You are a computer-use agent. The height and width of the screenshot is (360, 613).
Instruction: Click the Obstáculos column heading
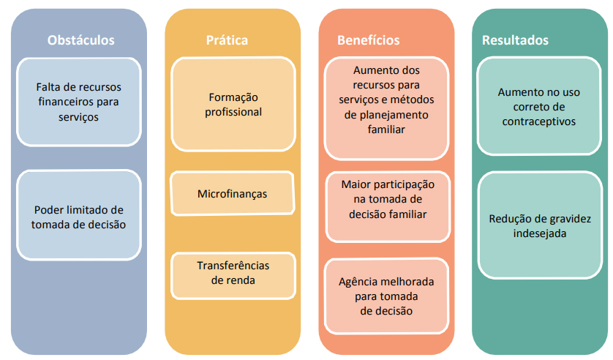(x=80, y=40)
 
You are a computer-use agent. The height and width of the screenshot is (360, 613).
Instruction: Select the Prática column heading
(x=227, y=40)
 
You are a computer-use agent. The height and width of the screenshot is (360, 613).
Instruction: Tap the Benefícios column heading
(x=369, y=40)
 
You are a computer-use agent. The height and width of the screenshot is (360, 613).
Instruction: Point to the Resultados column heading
(x=515, y=40)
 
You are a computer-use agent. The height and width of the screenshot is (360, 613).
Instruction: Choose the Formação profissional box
(x=233, y=105)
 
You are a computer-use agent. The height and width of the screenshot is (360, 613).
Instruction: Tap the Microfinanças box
(x=233, y=194)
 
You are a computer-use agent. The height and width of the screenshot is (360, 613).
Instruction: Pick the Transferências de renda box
(x=233, y=272)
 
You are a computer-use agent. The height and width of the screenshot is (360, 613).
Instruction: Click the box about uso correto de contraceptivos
(x=540, y=107)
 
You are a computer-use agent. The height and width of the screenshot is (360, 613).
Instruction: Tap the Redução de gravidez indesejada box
(x=540, y=225)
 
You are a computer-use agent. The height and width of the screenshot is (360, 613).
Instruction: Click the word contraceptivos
(x=540, y=121)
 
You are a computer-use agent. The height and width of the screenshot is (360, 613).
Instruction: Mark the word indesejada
(x=540, y=233)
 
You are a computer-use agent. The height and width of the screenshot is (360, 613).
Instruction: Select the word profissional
(x=233, y=112)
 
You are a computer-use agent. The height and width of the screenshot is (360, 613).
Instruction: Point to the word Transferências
(x=233, y=265)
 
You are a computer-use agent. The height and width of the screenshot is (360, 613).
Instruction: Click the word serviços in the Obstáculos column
(x=78, y=116)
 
